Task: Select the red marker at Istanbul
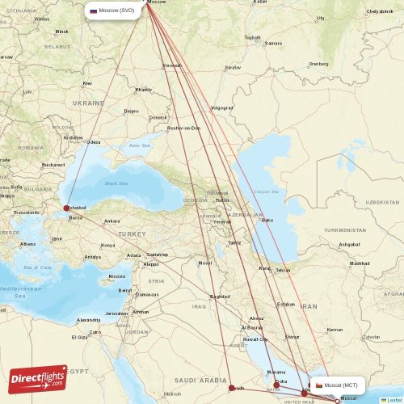66,208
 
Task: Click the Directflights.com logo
38,377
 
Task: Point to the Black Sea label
117,183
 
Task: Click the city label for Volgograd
221,107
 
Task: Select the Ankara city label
112,221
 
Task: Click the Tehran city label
284,270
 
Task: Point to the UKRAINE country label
88,103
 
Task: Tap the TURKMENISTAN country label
346,230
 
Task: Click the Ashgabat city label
349,244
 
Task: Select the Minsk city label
61,32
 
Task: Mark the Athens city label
27,243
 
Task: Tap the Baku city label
267,220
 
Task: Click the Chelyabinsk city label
380,11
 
